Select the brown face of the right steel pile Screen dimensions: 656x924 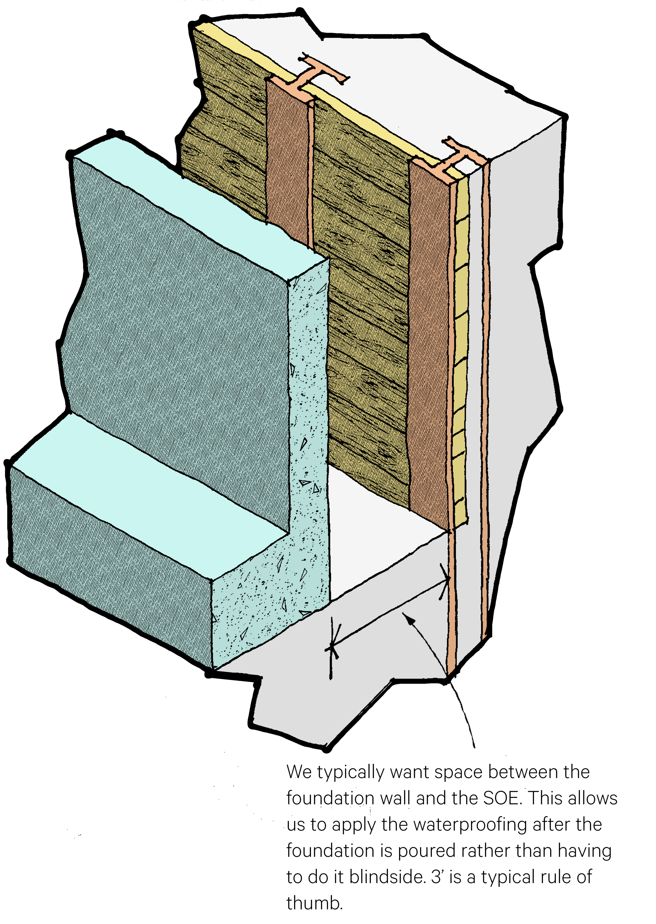click(x=428, y=343)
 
